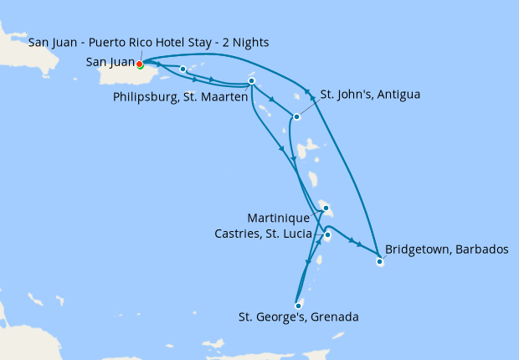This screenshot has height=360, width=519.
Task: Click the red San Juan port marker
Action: click(140, 64)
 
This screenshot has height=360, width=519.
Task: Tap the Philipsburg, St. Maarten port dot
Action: click(251, 81)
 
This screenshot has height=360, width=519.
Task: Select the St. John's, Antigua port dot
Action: click(296, 117)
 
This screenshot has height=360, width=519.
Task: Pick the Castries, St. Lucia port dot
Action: click(327, 235)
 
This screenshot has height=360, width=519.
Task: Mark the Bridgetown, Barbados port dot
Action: click(379, 262)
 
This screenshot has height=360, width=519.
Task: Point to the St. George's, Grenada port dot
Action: click(298, 306)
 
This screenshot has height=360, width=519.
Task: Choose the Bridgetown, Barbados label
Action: click(446, 249)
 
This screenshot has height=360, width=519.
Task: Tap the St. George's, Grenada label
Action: click(299, 317)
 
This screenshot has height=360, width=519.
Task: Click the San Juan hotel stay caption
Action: click(148, 42)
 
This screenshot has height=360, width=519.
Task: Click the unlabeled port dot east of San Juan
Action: click(182, 69)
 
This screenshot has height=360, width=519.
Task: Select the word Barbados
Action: click(480, 249)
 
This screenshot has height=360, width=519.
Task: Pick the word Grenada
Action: click(335, 317)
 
